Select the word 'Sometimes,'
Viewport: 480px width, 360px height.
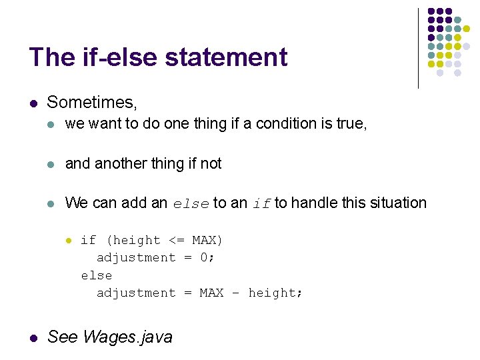click(x=92, y=103)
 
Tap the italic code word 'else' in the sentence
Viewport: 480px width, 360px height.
click(x=191, y=204)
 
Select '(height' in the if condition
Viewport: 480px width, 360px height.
click(x=133, y=240)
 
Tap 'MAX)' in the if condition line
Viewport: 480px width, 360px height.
click(x=207, y=240)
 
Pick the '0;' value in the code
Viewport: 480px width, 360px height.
click(x=207, y=257)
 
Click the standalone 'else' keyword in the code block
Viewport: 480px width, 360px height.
click(x=97, y=275)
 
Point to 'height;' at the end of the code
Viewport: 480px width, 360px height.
click(x=275, y=293)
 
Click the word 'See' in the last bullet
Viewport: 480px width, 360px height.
click(x=63, y=337)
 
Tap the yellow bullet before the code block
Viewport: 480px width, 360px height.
click(x=68, y=240)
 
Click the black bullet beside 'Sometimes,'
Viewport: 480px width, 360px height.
click(x=33, y=103)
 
